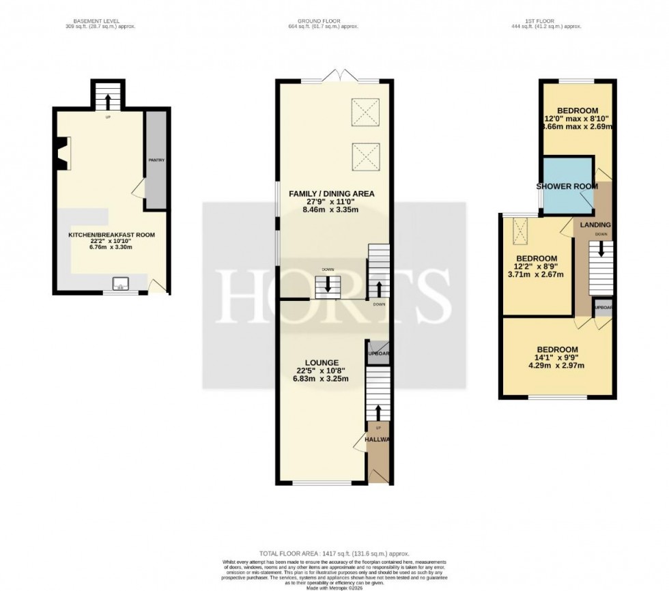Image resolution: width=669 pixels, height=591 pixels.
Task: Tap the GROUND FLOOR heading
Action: coord(323,21)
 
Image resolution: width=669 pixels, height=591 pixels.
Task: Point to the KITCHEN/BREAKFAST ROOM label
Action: coord(111,235)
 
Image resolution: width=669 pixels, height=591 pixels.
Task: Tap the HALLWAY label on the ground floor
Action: coord(377,440)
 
